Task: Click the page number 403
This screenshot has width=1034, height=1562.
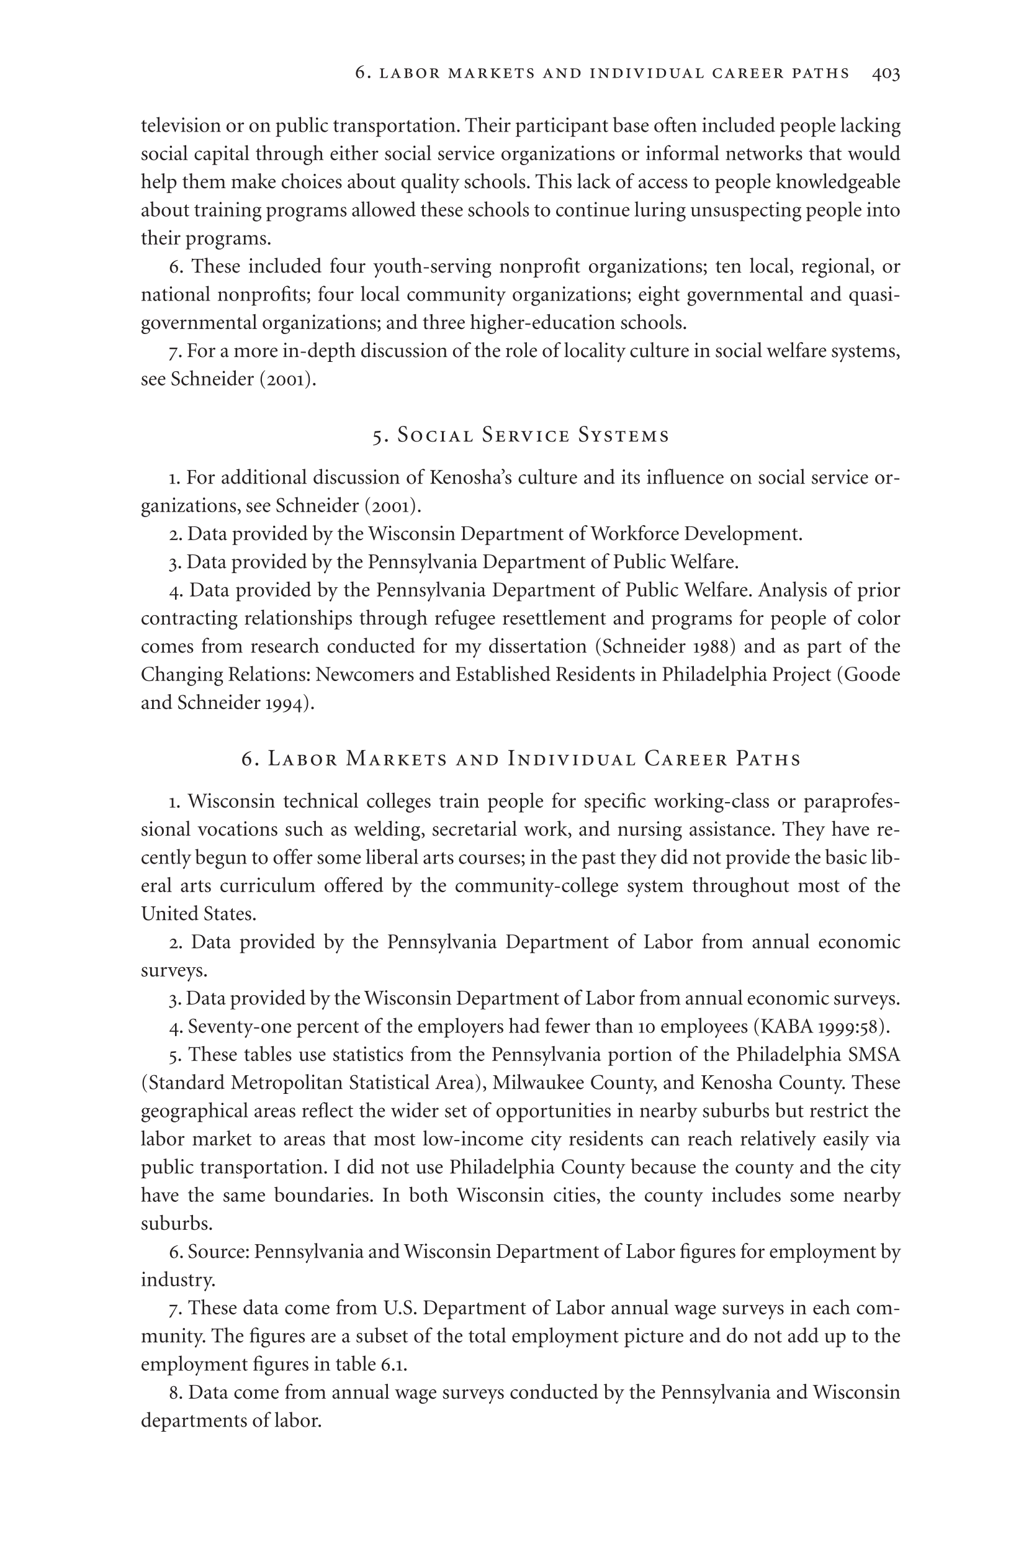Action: point(886,73)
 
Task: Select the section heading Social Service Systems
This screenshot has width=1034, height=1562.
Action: point(521,435)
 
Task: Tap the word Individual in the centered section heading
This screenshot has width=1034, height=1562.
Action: point(572,759)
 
